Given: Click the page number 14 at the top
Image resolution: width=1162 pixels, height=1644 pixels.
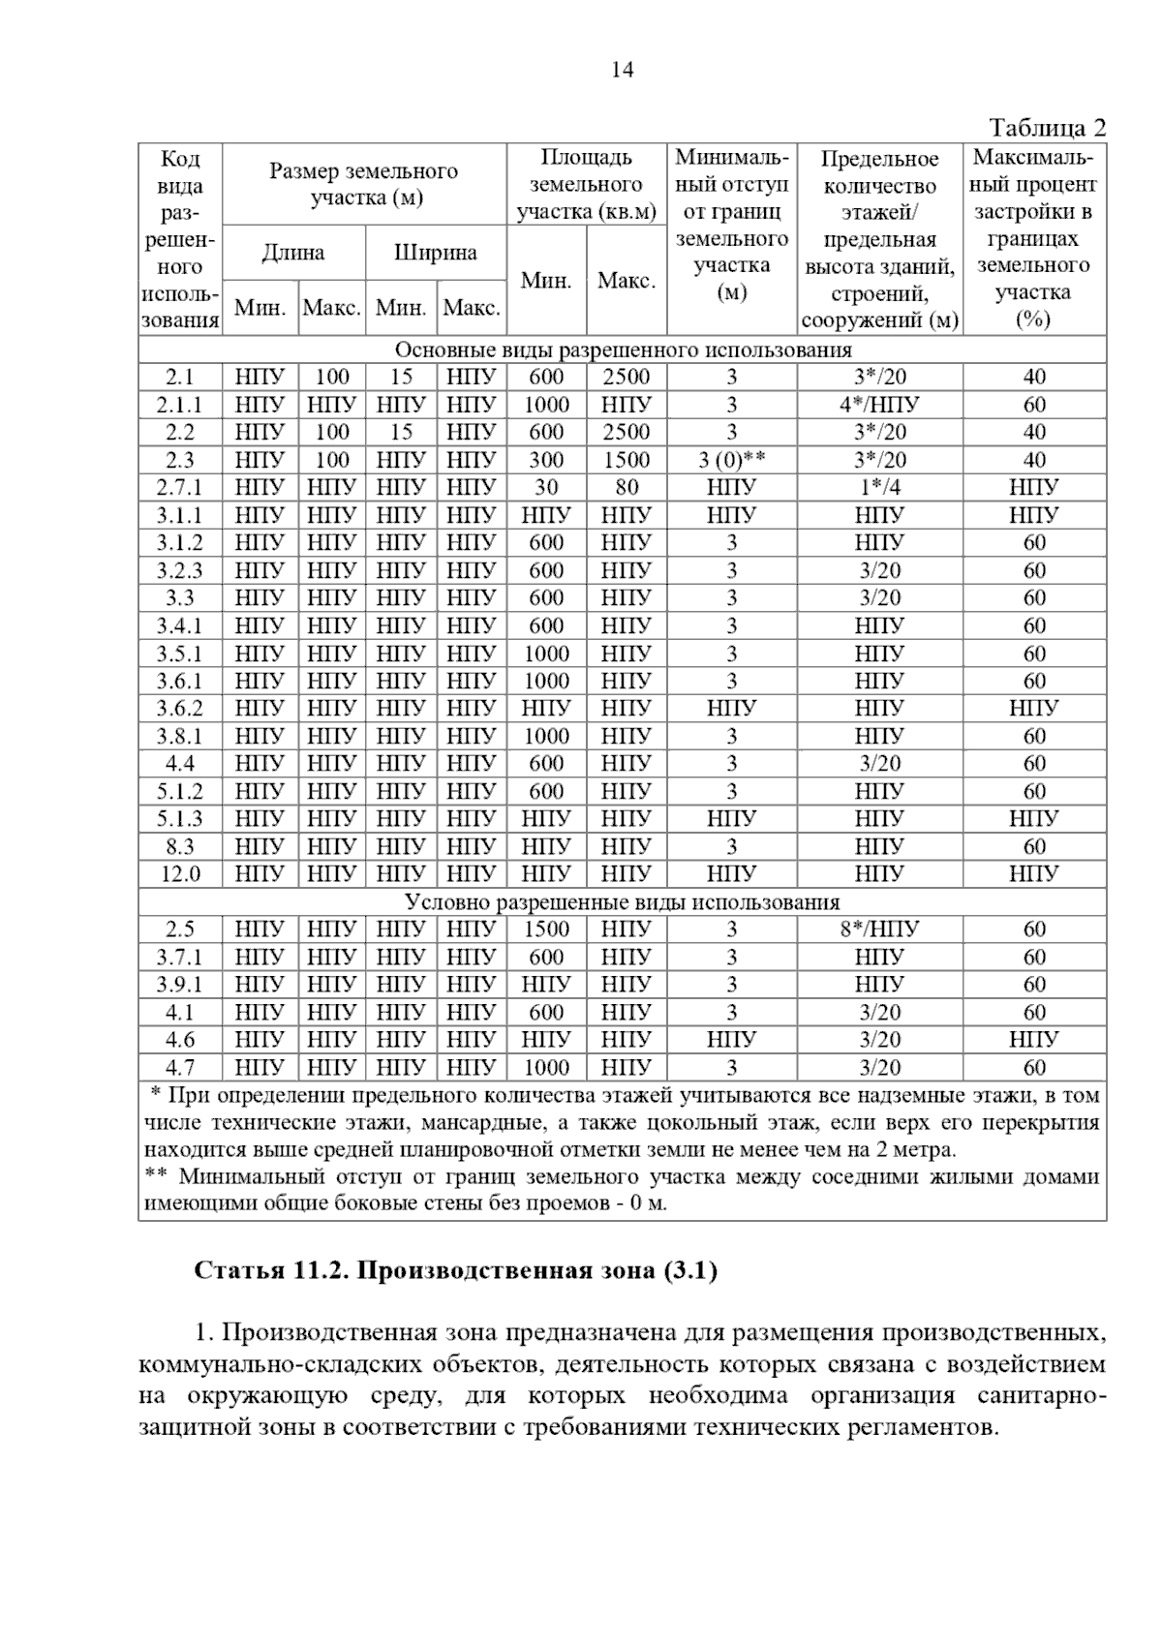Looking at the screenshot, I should [x=622, y=70].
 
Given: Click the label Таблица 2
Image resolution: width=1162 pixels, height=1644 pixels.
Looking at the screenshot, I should [x=1047, y=128].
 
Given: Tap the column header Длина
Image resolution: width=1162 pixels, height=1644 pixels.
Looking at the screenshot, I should [x=293, y=253].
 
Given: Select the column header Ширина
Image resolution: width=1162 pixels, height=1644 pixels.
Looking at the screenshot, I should [x=436, y=253].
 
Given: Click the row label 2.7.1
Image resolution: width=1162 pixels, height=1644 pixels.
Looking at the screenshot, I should [x=180, y=488].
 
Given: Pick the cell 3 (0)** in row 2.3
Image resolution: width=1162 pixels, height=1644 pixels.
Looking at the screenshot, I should [x=732, y=460].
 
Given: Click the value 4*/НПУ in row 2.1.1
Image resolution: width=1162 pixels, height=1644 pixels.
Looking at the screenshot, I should [x=879, y=405].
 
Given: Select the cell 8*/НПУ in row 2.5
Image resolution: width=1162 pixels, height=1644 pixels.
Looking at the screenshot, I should [x=879, y=929].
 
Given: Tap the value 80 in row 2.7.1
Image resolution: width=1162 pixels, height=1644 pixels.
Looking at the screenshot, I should [x=627, y=488].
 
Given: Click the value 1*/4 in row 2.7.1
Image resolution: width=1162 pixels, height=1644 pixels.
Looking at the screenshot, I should [x=879, y=488].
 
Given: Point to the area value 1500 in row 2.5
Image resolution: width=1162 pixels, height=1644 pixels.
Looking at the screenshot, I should [x=546, y=929].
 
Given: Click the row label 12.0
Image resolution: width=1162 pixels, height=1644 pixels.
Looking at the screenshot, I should [x=180, y=874].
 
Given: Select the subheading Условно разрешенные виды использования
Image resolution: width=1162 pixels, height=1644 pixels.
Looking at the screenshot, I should [x=622, y=902].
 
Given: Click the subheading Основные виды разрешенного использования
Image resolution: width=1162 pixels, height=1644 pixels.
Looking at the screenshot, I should [x=622, y=350].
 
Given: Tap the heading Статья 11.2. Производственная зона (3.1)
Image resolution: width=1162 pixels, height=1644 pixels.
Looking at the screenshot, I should [x=456, y=1270].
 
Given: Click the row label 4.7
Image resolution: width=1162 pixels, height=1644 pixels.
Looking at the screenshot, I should [x=180, y=1068].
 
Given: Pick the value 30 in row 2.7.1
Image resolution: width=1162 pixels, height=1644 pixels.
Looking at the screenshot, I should [x=546, y=488].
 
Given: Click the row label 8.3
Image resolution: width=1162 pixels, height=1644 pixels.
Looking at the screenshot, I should [x=180, y=847].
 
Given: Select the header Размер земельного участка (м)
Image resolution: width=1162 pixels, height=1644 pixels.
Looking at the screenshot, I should [x=364, y=185].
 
